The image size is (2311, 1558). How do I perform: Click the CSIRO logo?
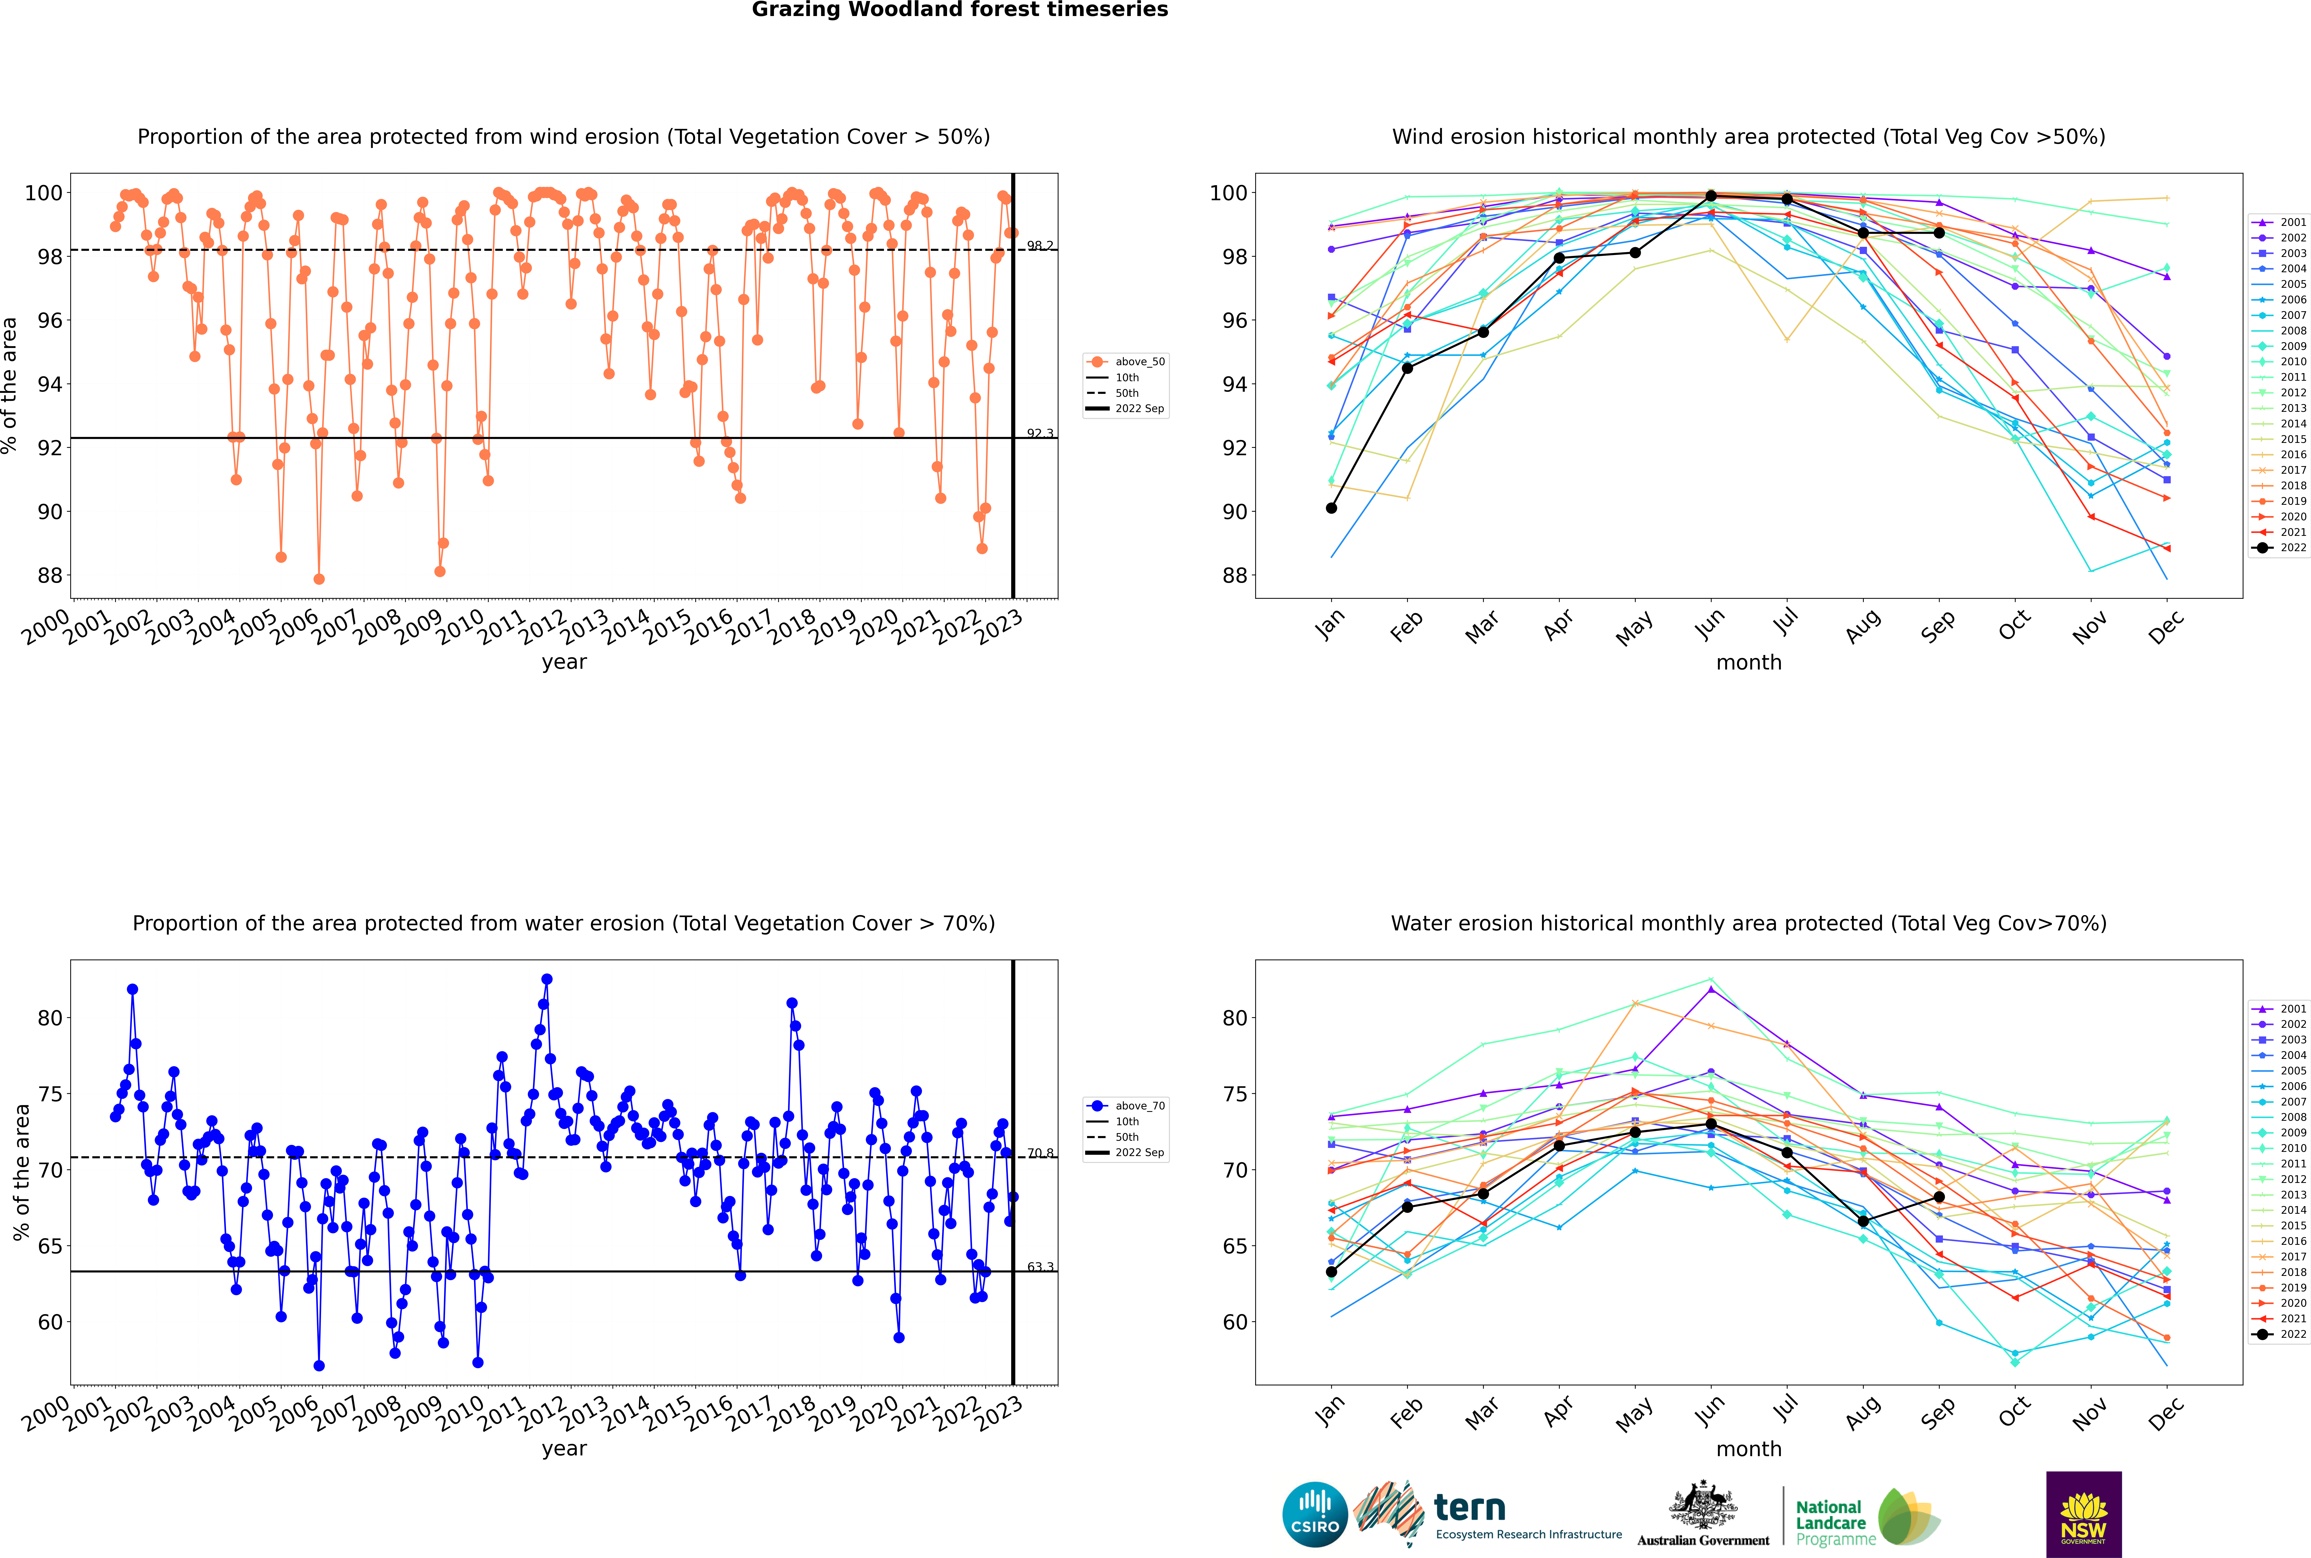click(x=1314, y=1514)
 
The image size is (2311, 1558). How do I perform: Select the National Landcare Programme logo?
click(x=1868, y=1516)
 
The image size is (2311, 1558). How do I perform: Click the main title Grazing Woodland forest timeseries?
click(x=960, y=10)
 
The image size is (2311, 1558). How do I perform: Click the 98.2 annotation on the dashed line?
click(x=1040, y=245)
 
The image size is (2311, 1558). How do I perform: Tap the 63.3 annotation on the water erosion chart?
click(x=1040, y=1267)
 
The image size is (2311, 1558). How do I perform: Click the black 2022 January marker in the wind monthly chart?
click(x=1331, y=508)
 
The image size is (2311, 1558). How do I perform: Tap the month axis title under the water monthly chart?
click(x=1749, y=1449)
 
